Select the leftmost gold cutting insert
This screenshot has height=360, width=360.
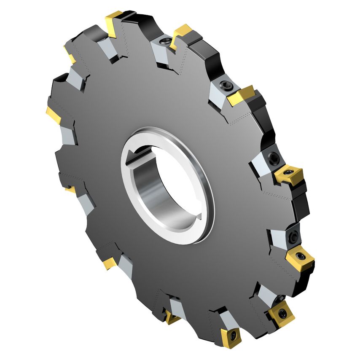click(54, 114)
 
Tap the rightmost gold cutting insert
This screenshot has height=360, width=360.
click(300, 257)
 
